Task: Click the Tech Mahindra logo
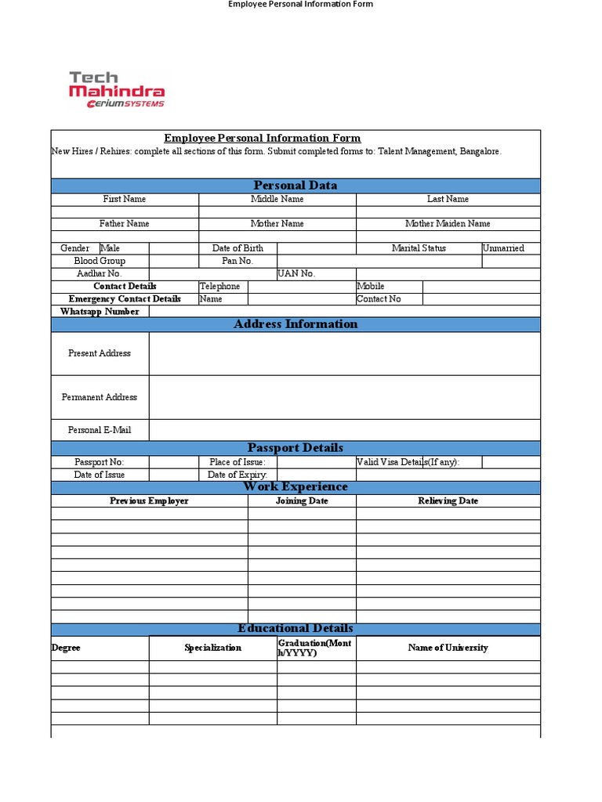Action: tap(117, 89)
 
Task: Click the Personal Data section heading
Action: tap(296, 186)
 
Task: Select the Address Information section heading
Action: tap(296, 324)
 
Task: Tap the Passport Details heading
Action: tap(296, 448)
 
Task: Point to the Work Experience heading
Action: tap(296, 487)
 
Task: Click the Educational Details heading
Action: tap(296, 628)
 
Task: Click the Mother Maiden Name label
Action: tap(448, 224)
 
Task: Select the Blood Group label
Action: tap(100, 261)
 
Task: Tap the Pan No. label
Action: tap(238, 261)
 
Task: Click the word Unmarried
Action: tap(503, 248)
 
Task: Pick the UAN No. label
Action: tap(296, 273)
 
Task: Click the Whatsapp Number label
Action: tap(100, 312)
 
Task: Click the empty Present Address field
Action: tap(344, 353)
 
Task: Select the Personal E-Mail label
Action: tap(100, 430)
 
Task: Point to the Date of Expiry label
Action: tap(238, 475)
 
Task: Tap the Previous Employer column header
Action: tap(149, 500)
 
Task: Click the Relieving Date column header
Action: tap(448, 500)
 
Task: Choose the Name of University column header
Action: tap(448, 648)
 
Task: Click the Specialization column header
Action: tap(213, 648)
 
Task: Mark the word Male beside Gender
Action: tap(111, 248)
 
